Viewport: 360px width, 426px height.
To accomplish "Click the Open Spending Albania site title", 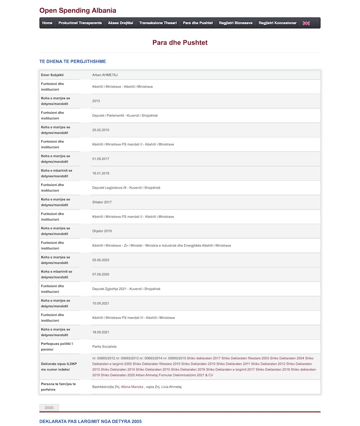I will pos(77,10).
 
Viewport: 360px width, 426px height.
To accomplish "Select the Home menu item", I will pos(47,23).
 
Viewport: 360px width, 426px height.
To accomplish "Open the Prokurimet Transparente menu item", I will pos(80,23).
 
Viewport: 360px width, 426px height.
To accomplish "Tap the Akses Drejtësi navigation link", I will pos(121,23).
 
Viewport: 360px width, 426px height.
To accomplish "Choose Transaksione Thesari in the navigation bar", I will pos(158,23).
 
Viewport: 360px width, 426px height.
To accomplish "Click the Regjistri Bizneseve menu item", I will pos(236,23).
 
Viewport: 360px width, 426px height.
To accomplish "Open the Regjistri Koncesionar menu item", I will pos(278,23).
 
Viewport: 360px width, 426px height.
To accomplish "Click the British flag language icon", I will pos(306,23).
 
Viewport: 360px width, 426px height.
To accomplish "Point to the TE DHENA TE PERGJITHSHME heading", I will pos(73,61).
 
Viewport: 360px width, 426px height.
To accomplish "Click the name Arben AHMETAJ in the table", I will pos(104,74).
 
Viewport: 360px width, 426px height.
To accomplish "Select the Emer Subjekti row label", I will pos(52,74).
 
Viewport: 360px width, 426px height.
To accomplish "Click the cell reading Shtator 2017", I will pos(102,202).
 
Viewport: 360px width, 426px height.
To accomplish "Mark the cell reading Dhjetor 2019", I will pos(102,231).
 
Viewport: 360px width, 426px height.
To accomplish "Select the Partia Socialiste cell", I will pos(104,346).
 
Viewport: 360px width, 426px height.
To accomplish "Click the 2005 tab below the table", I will pos(49,408).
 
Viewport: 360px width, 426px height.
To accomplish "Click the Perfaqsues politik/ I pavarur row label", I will pos(57,346).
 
